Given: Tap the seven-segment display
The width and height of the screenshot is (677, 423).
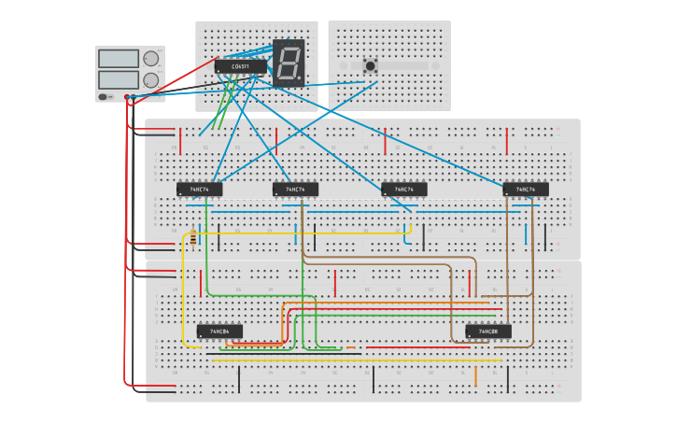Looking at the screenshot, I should point(289,63).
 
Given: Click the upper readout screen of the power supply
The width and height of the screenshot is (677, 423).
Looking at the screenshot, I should point(118,59).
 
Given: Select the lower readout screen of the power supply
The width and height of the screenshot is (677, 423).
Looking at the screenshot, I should point(118,80).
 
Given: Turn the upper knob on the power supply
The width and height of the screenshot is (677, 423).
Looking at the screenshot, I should point(150,59).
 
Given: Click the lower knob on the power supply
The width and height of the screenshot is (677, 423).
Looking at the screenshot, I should point(150,80).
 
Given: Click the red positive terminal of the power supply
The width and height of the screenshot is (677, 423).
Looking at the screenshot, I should point(127,96).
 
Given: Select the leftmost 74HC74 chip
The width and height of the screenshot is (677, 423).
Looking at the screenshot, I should point(200,190).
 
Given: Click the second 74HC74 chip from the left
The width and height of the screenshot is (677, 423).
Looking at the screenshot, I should point(295,190).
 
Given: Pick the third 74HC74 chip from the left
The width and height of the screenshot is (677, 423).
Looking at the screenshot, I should point(404,190).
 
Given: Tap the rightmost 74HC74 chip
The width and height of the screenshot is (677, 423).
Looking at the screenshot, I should point(526,190).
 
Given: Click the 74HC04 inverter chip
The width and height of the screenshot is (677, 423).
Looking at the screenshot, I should point(219,331).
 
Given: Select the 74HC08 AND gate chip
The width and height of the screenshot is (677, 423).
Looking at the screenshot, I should point(488,331).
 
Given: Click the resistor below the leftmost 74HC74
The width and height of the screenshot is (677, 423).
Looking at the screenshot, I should point(193,239).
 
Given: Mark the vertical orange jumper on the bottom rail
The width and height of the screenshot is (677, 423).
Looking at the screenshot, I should point(475,376).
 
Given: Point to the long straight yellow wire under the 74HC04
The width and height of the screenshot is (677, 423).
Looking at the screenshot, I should point(355,360).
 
